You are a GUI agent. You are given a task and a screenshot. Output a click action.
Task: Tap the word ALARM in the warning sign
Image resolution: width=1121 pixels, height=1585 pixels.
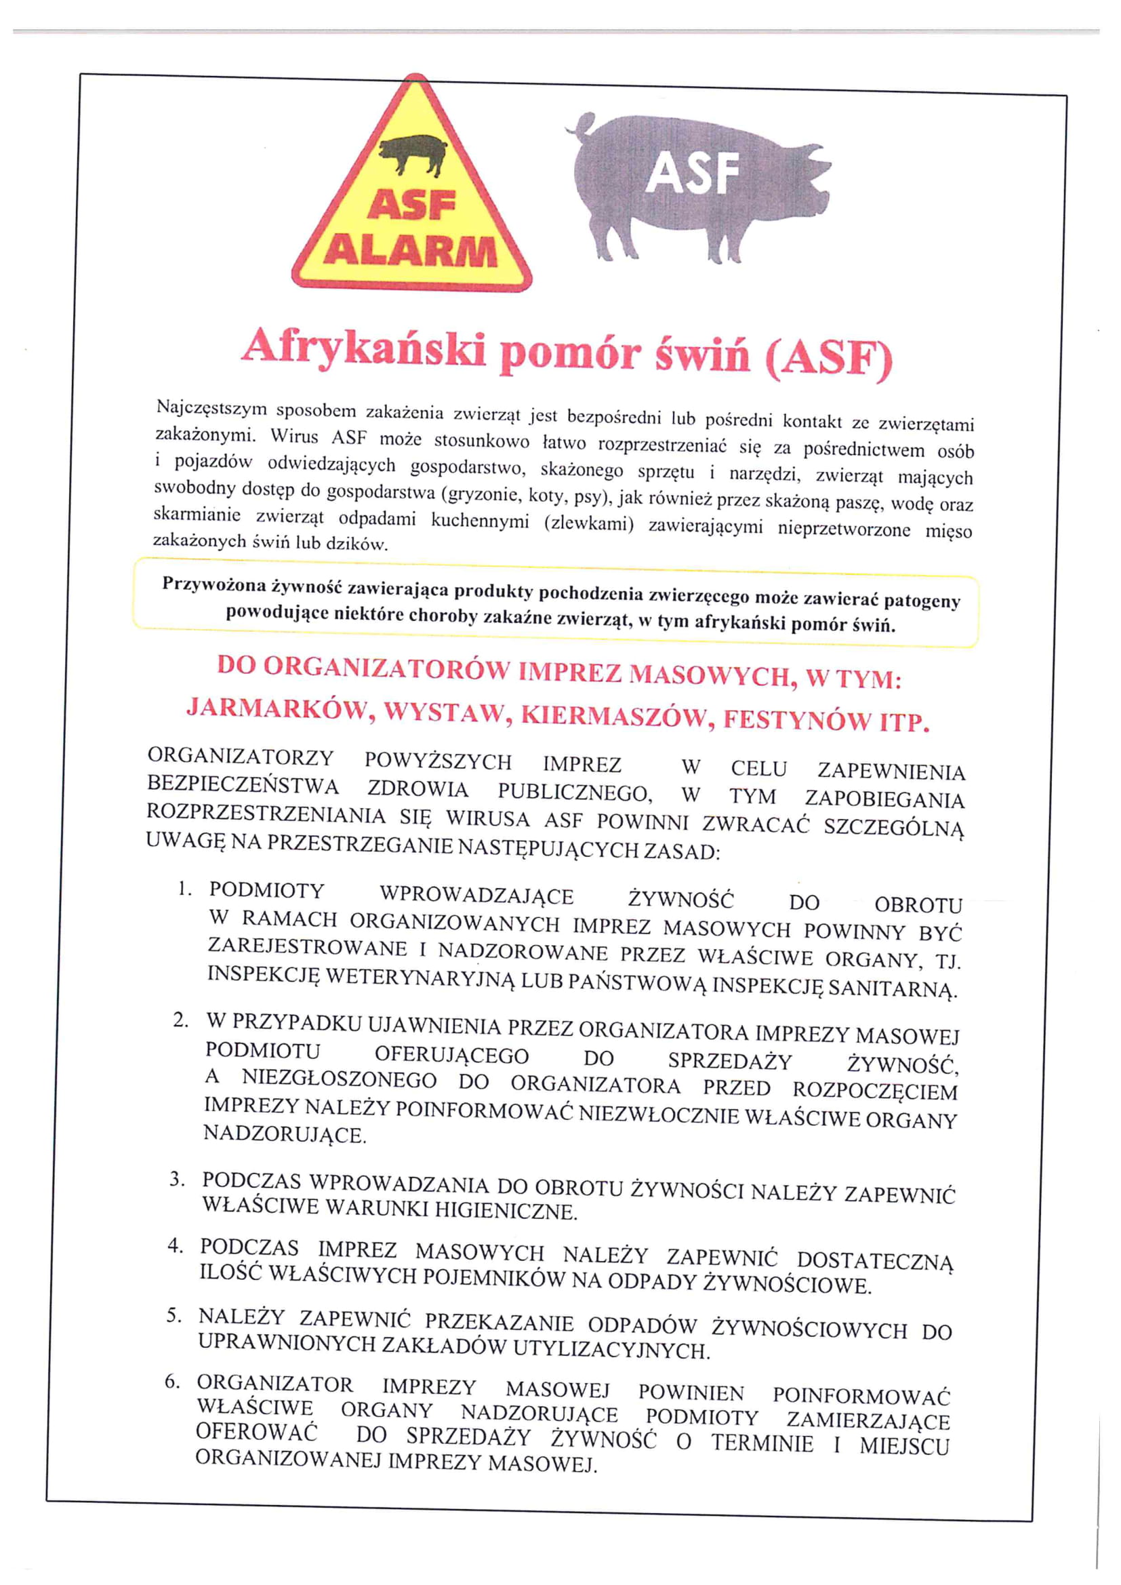click(x=411, y=252)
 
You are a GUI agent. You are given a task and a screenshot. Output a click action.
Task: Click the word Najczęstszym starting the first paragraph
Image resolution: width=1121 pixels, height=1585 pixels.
click(x=212, y=409)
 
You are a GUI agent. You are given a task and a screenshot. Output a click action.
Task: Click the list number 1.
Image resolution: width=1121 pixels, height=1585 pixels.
click(x=184, y=889)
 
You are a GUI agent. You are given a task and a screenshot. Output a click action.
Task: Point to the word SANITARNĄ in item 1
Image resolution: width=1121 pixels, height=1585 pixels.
click(x=893, y=988)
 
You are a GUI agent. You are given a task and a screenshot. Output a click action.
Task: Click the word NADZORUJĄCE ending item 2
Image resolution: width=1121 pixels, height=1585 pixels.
click(x=284, y=1133)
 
